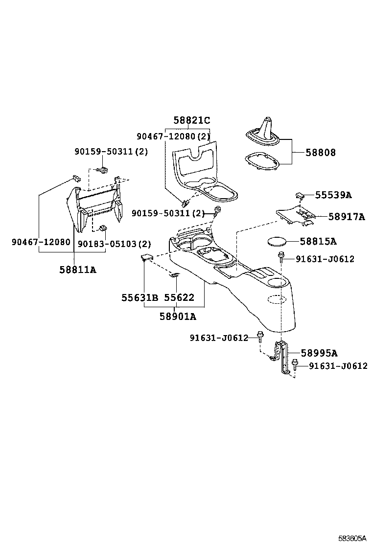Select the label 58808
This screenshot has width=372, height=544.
point(321,153)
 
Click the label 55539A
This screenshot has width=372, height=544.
point(333,195)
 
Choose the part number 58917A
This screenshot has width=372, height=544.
point(346,216)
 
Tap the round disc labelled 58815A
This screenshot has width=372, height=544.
point(277,242)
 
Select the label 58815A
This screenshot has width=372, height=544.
point(318,241)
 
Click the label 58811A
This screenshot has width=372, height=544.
point(78,269)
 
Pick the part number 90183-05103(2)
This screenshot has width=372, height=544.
point(115,244)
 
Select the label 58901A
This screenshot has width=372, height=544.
point(177,317)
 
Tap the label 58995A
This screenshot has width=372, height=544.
point(319,353)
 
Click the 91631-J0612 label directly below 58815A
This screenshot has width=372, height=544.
point(325,259)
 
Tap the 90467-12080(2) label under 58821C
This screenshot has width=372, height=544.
point(173,136)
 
